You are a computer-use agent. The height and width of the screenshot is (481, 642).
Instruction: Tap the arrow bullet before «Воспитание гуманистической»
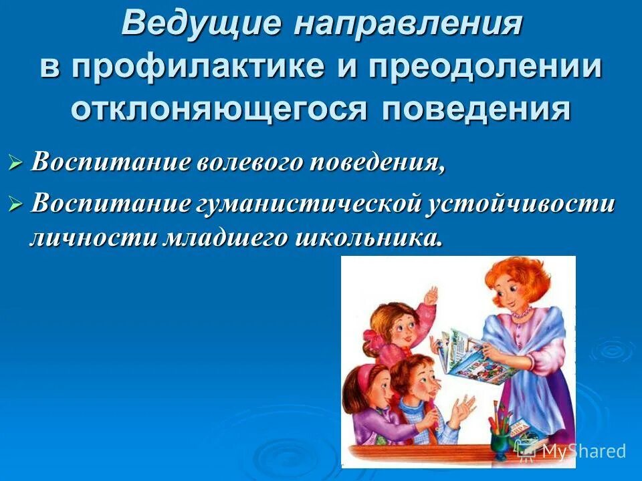pos(16,204)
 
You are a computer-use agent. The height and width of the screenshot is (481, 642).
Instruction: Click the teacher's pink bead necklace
pos(521,311)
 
